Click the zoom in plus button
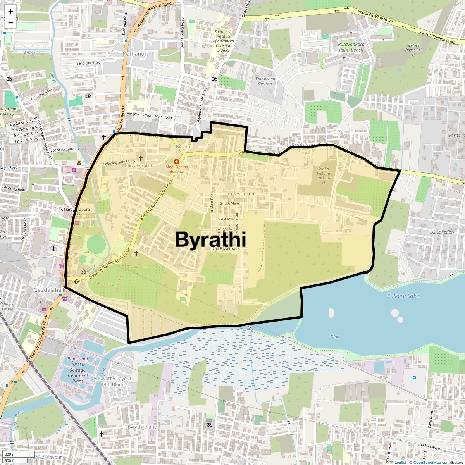click(10, 11)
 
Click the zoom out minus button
click(10, 23)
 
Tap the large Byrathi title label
click(210, 239)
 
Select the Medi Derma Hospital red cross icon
click(177, 161)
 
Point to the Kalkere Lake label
click(403, 296)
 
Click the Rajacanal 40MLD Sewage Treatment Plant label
click(77, 370)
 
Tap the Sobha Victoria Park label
click(324, 176)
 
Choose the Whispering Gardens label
click(265, 81)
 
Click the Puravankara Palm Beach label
click(351, 47)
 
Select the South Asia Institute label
click(224, 41)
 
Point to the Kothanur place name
click(134, 54)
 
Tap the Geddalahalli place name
click(50, 290)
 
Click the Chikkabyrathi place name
click(137, 166)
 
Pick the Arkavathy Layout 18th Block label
click(112, 381)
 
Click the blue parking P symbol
click(414, 379)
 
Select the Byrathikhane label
click(142, 427)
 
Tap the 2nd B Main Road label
click(226, 249)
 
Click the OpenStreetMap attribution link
click(427, 462)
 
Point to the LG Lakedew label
click(442, 232)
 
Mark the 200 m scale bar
click(18, 454)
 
